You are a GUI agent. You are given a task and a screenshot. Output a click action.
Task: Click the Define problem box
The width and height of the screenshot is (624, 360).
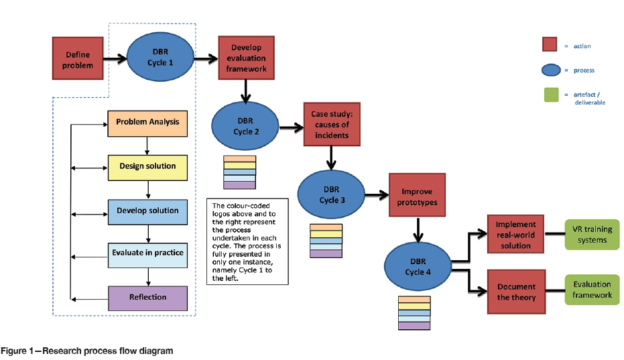(77, 58)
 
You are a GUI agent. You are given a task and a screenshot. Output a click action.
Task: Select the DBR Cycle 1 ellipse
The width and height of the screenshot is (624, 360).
(159, 58)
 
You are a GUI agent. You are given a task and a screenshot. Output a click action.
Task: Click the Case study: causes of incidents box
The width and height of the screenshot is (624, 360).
(330, 125)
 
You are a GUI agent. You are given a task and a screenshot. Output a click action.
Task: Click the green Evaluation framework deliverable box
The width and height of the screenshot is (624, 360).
(592, 289)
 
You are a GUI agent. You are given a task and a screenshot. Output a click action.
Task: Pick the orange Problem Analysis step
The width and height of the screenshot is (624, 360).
(147, 123)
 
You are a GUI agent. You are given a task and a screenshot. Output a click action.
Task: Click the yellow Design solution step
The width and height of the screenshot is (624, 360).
(147, 167)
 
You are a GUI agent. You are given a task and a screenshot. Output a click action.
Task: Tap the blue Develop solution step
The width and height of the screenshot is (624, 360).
(147, 211)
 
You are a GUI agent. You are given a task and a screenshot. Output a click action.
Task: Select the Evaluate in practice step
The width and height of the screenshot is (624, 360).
(147, 255)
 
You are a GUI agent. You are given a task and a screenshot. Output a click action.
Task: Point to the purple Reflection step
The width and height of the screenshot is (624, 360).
(147, 297)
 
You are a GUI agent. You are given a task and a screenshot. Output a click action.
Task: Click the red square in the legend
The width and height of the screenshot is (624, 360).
(550, 44)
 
